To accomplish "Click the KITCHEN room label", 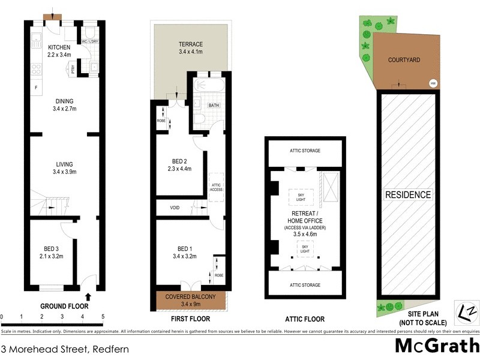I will click(59, 47).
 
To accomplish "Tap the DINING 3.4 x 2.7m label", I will click(64, 105).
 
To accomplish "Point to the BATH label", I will click(214, 105).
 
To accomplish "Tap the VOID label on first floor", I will click(175, 208).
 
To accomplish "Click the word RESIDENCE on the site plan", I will click(408, 195).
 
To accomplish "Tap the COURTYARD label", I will click(403, 61).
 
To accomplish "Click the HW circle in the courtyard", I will click(433, 83).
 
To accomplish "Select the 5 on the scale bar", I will click(103, 316).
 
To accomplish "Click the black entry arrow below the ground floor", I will click(89, 296).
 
